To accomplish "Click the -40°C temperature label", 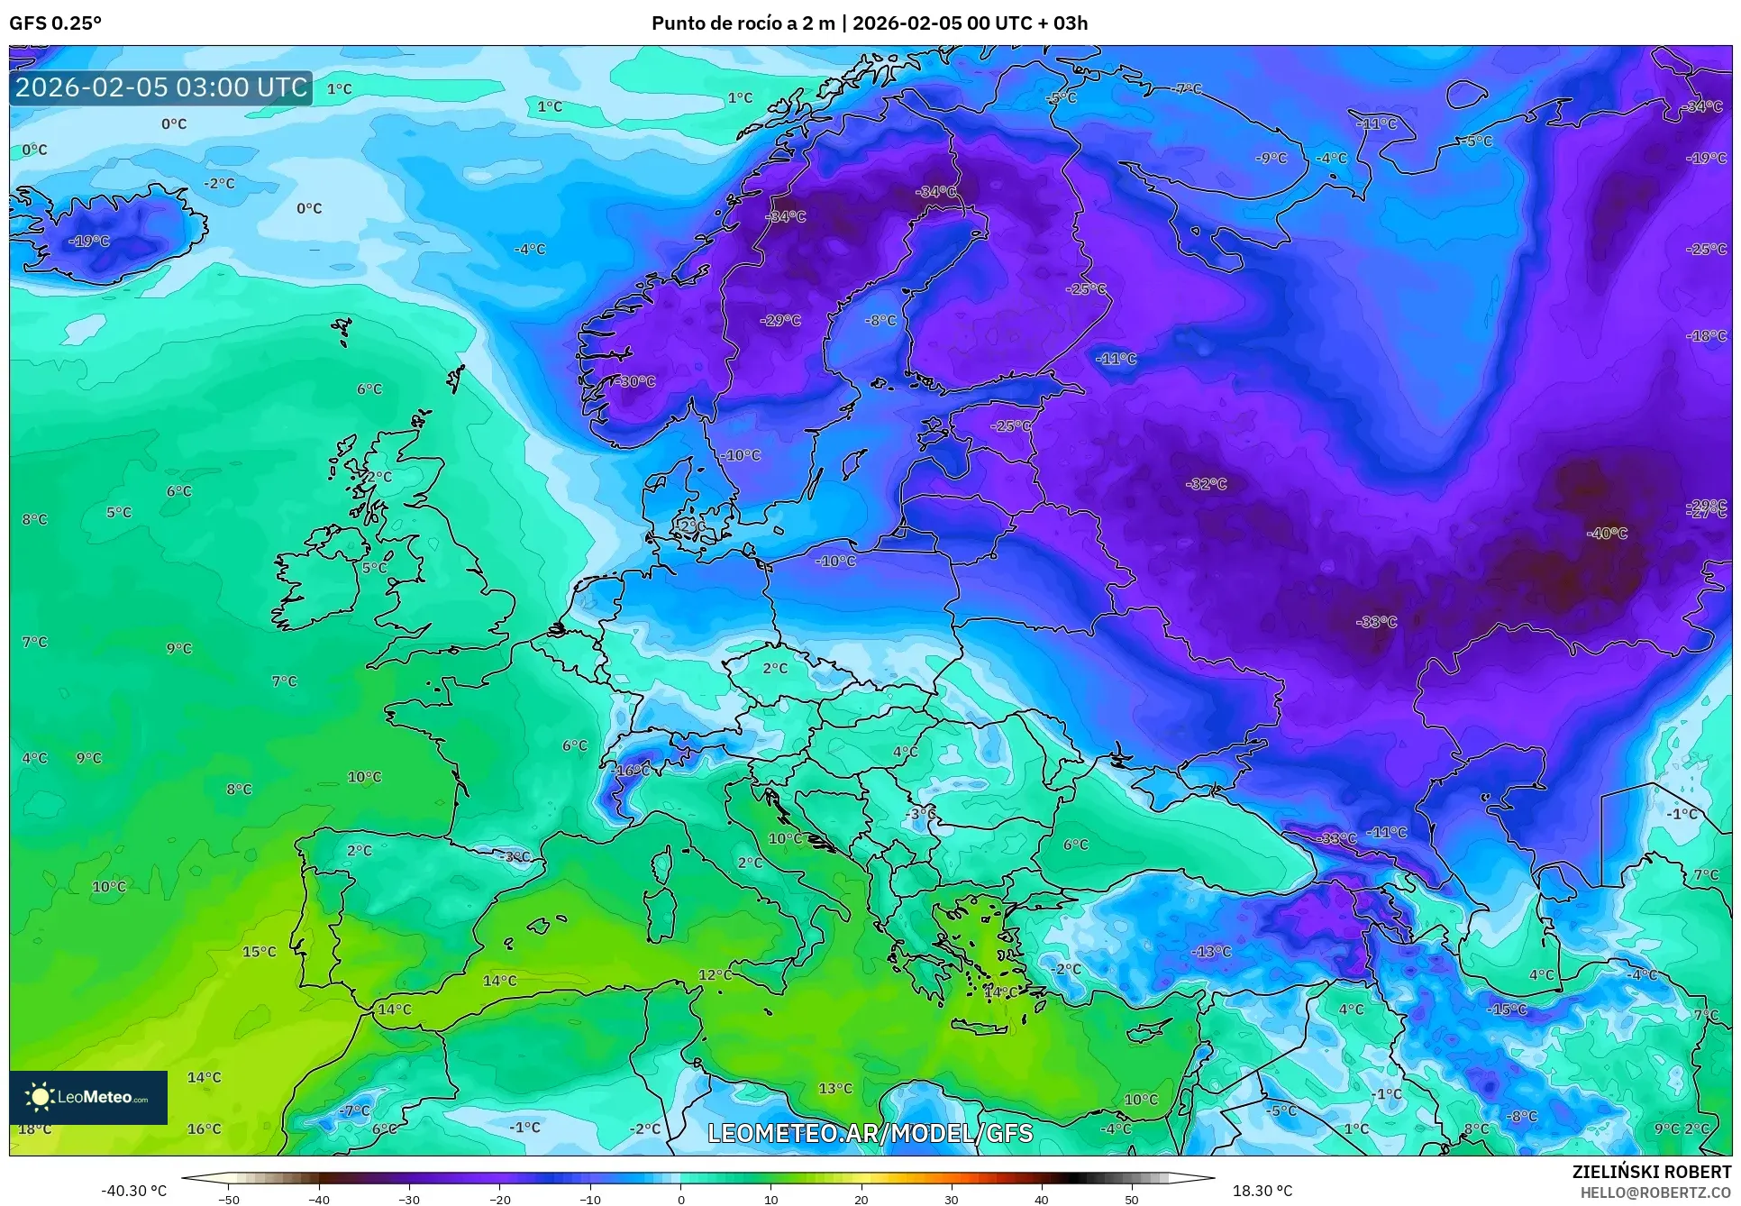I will click(x=1607, y=534).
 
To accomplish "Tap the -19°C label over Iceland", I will click(x=89, y=242).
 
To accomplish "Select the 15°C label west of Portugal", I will click(x=260, y=952).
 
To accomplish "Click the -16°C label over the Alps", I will click(x=631, y=771).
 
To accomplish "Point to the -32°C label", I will click(x=1207, y=484).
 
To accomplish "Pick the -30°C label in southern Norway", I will click(x=635, y=381).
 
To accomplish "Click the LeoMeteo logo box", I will click(x=88, y=1097).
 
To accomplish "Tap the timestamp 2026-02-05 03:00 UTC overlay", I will click(x=161, y=87).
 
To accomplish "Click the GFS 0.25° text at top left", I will click(x=55, y=23).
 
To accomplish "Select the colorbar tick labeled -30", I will click(x=409, y=1199).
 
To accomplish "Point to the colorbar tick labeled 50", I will click(x=1132, y=1199).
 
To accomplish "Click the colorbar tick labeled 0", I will click(x=680, y=1199).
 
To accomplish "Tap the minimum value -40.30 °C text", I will click(x=134, y=1191).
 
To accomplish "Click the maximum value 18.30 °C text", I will click(x=1262, y=1191).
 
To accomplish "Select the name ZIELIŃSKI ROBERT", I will click(x=1652, y=1172).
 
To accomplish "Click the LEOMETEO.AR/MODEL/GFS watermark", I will click(x=870, y=1133).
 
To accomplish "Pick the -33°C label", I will click(x=1376, y=622).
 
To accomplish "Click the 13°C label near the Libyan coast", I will click(x=835, y=1089).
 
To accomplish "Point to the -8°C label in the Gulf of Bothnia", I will click(x=880, y=320).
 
